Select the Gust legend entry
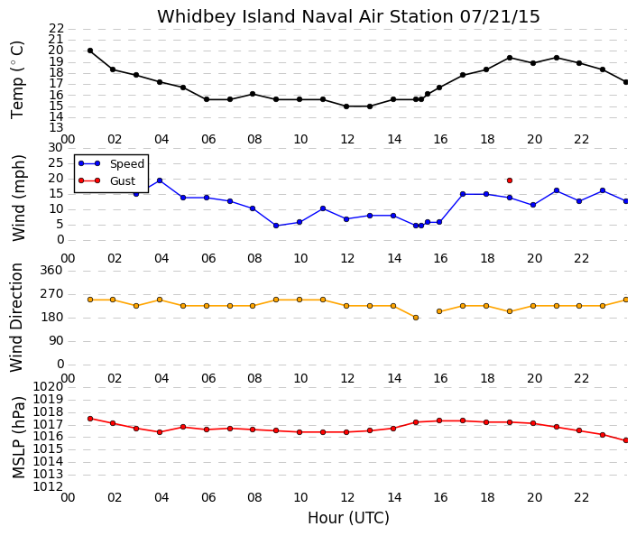point(106,180)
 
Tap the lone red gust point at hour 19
point(510,180)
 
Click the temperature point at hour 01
point(90,51)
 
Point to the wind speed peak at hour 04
point(160,180)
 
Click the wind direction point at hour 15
point(416,318)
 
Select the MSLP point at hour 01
point(90,419)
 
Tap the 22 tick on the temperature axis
point(57,28)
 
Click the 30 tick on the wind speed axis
point(56,148)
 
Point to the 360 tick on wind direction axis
point(51,270)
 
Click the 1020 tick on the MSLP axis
point(48,387)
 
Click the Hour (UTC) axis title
point(348,518)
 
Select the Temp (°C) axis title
point(18,80)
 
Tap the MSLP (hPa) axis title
point(18,437)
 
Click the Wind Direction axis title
point(16,318)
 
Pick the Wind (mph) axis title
point(19,198)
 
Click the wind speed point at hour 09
point(276,226)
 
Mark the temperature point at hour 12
point(346,106)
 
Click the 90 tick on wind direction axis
point(57,341)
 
